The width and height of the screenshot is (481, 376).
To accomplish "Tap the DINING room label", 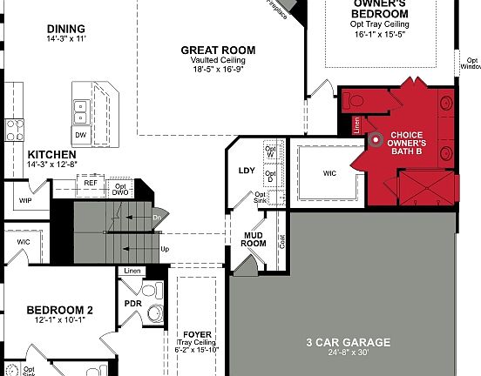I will point(66,29).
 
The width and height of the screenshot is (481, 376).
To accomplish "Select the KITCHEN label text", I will point(32,153).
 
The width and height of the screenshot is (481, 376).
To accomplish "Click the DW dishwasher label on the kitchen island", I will point(80,136).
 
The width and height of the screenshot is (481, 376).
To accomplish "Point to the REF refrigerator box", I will point(91,183).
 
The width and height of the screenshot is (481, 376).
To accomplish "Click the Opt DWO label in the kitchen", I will point(120,189).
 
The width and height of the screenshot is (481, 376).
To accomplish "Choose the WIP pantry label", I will point(25,200).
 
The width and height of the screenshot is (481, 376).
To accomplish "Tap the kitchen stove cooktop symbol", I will point(15,131).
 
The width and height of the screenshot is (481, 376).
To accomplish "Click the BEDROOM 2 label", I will point(59,310).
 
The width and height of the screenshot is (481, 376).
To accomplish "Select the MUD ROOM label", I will point(253,238).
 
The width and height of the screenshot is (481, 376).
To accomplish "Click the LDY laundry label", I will point(247,170).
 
